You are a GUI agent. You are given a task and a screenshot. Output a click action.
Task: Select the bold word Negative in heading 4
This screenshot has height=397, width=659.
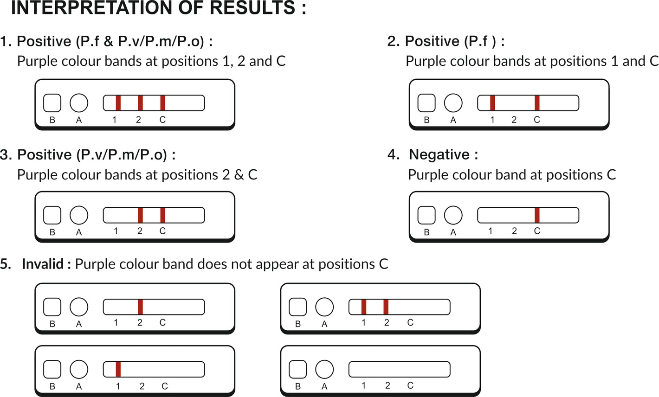439,154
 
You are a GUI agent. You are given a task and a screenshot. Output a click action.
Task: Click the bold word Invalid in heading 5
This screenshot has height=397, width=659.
43,264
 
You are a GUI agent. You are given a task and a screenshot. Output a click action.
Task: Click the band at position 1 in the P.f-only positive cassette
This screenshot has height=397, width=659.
492,103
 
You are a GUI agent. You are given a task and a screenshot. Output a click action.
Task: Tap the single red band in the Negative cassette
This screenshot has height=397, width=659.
537,215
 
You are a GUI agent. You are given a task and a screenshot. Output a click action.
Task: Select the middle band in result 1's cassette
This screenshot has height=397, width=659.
140,103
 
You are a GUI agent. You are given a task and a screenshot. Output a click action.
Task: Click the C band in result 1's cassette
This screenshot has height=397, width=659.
163,103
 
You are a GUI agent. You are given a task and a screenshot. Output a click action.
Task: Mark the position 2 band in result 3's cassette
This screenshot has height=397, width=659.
140,215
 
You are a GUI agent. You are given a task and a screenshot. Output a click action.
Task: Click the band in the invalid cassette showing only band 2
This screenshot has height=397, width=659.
140,307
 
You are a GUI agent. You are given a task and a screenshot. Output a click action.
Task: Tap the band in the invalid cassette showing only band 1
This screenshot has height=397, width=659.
118,369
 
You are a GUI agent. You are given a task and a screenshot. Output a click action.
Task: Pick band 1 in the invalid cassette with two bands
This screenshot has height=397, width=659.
364,307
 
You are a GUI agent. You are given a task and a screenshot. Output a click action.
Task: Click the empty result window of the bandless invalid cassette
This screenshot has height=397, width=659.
400,369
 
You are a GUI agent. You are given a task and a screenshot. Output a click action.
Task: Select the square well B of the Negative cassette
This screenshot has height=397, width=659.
426,215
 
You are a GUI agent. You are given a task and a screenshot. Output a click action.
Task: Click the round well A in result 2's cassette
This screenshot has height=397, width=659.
453,103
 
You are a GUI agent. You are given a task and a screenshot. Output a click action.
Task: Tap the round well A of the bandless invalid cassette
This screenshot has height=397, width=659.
324,369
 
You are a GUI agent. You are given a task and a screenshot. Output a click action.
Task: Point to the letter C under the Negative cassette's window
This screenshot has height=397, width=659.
537,231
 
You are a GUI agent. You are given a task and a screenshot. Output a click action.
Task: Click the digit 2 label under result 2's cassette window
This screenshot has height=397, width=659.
514,120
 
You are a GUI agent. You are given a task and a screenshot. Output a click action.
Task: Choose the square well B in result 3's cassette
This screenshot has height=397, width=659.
52,215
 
